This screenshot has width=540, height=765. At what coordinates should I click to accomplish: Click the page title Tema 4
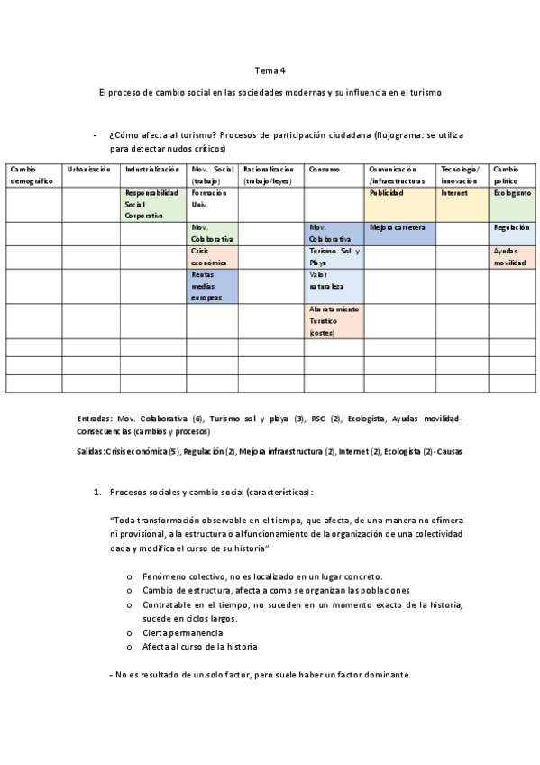(270, 70)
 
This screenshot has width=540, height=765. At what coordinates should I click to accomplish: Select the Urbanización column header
(88, 170)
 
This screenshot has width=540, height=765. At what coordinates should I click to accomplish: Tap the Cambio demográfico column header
(33, 175)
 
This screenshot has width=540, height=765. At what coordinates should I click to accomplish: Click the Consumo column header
(325, 170)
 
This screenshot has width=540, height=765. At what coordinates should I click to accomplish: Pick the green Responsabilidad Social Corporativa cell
(152, 204)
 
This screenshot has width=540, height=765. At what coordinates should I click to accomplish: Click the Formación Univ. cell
(213, 198)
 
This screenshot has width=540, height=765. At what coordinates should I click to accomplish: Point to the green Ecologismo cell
(513, 194)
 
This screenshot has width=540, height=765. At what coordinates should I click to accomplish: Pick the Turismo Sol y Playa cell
(334, 256)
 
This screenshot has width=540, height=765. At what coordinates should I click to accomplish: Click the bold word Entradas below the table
(96, 419)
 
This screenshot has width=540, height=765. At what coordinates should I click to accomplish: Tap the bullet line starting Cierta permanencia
(182, 633)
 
